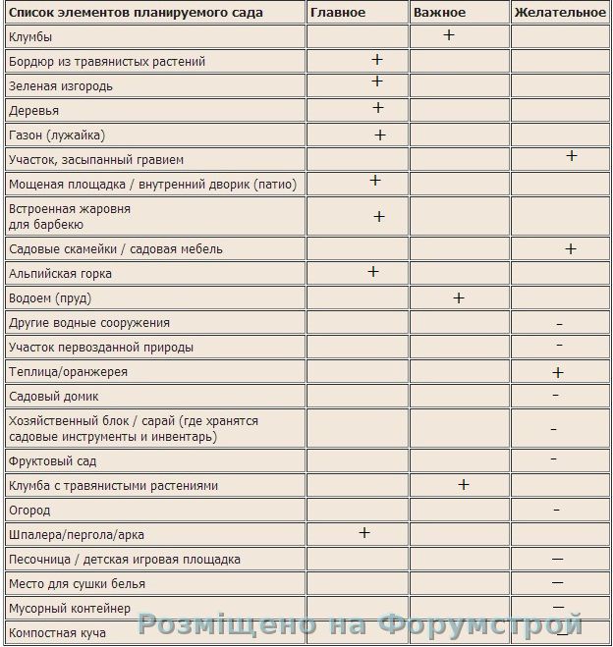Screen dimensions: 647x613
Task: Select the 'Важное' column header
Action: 439,12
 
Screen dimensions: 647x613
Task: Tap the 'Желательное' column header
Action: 560,12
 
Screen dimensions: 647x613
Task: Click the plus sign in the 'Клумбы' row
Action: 449,34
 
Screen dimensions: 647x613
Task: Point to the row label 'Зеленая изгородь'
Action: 60,85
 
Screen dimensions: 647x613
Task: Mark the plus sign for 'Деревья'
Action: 377,108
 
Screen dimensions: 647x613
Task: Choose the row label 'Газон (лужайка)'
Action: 56,135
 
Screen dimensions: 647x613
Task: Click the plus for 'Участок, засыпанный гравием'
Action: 572,156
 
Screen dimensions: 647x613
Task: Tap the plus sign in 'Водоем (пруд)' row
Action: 458,297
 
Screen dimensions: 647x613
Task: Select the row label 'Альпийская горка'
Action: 60,273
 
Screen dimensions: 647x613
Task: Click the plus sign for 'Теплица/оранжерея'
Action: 558,372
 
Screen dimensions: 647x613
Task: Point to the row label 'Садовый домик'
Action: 51,397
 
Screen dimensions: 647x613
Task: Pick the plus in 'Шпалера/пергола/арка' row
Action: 364,532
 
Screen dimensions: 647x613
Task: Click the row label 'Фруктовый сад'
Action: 52,460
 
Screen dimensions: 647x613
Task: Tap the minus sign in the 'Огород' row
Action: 557,511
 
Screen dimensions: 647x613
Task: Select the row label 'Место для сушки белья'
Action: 77,584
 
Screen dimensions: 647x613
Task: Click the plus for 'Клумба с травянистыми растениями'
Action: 464,484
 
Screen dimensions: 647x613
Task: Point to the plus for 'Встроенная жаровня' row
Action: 379,216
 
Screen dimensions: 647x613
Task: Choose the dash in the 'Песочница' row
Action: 557,559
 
